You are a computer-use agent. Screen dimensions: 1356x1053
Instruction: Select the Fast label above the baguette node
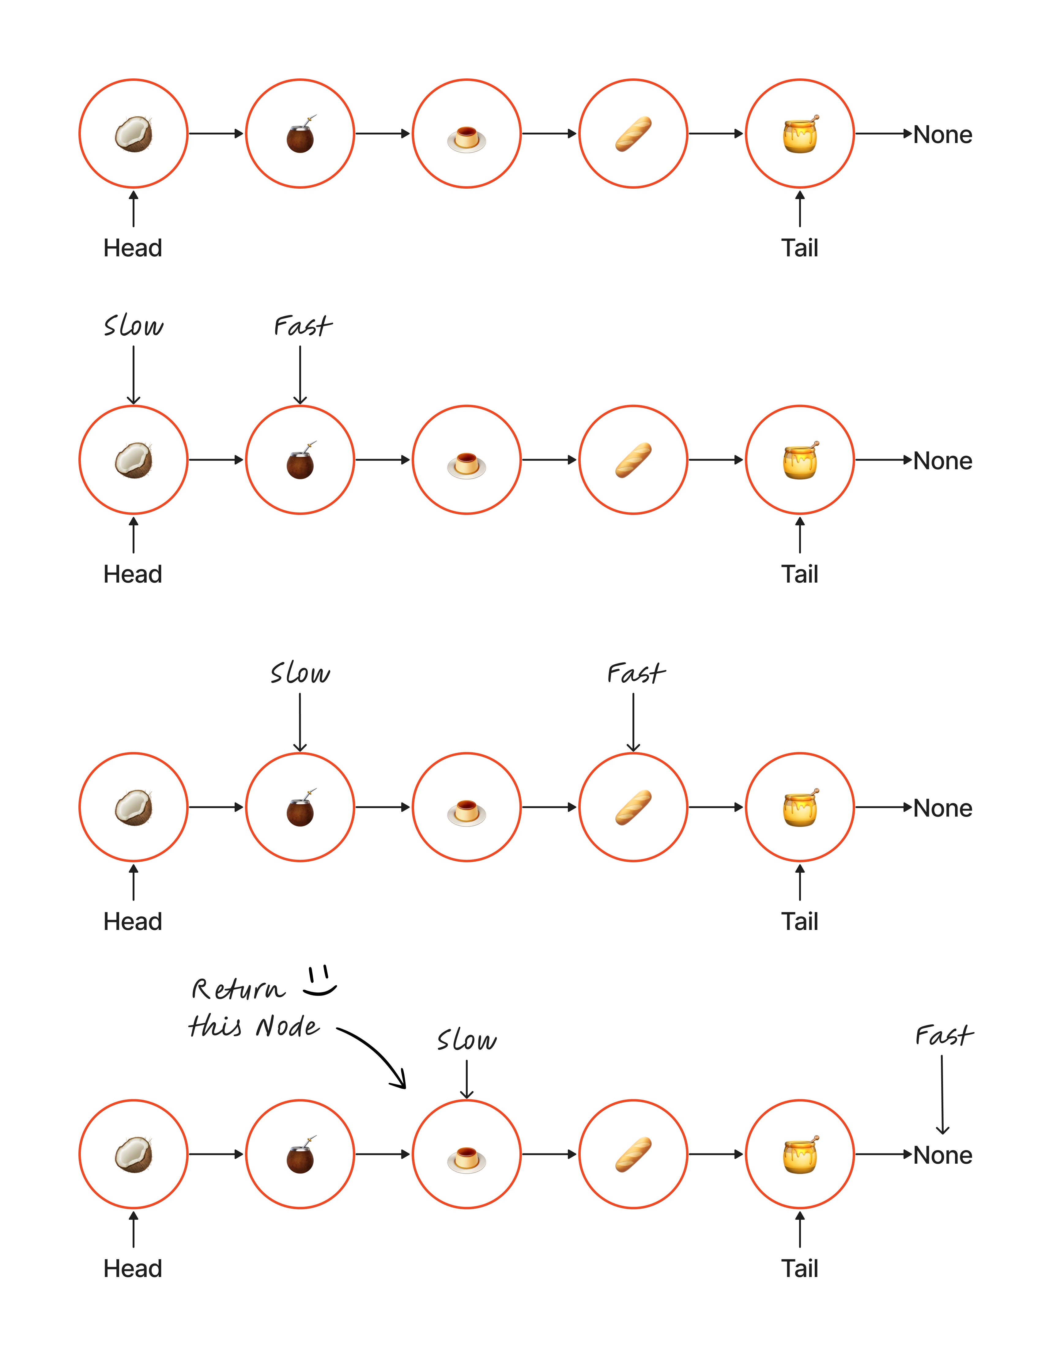[x=636, y=673]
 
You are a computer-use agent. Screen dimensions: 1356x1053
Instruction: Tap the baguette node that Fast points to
[x=633, y=807]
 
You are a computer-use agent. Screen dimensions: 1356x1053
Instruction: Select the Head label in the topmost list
[x=133, y=248]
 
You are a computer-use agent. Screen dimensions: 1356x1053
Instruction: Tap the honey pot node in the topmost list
[x=800, y=134]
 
